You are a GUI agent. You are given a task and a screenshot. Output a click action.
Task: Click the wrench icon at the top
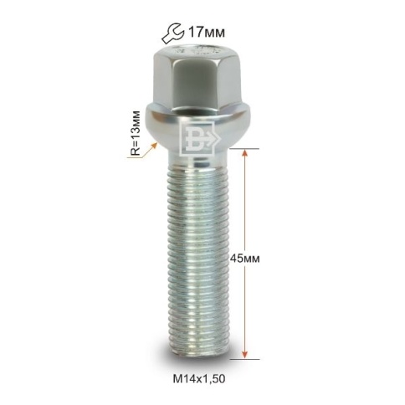pos(172,33)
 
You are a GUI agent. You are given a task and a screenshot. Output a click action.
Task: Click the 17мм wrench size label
pos(206,33)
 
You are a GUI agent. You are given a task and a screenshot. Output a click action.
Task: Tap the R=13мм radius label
pos(136,133)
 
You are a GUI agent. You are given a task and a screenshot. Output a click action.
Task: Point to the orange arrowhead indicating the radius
pos(153,146)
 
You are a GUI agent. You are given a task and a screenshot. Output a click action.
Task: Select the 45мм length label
pos(244,259)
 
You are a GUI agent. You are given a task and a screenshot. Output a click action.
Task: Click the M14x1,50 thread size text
pos(199,379)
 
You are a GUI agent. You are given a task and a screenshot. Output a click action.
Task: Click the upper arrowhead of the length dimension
pos(244,154)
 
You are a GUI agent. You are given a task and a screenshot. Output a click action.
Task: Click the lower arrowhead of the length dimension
pos(244,354)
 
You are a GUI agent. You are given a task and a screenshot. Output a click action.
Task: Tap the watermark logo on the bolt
pos(199,138)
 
